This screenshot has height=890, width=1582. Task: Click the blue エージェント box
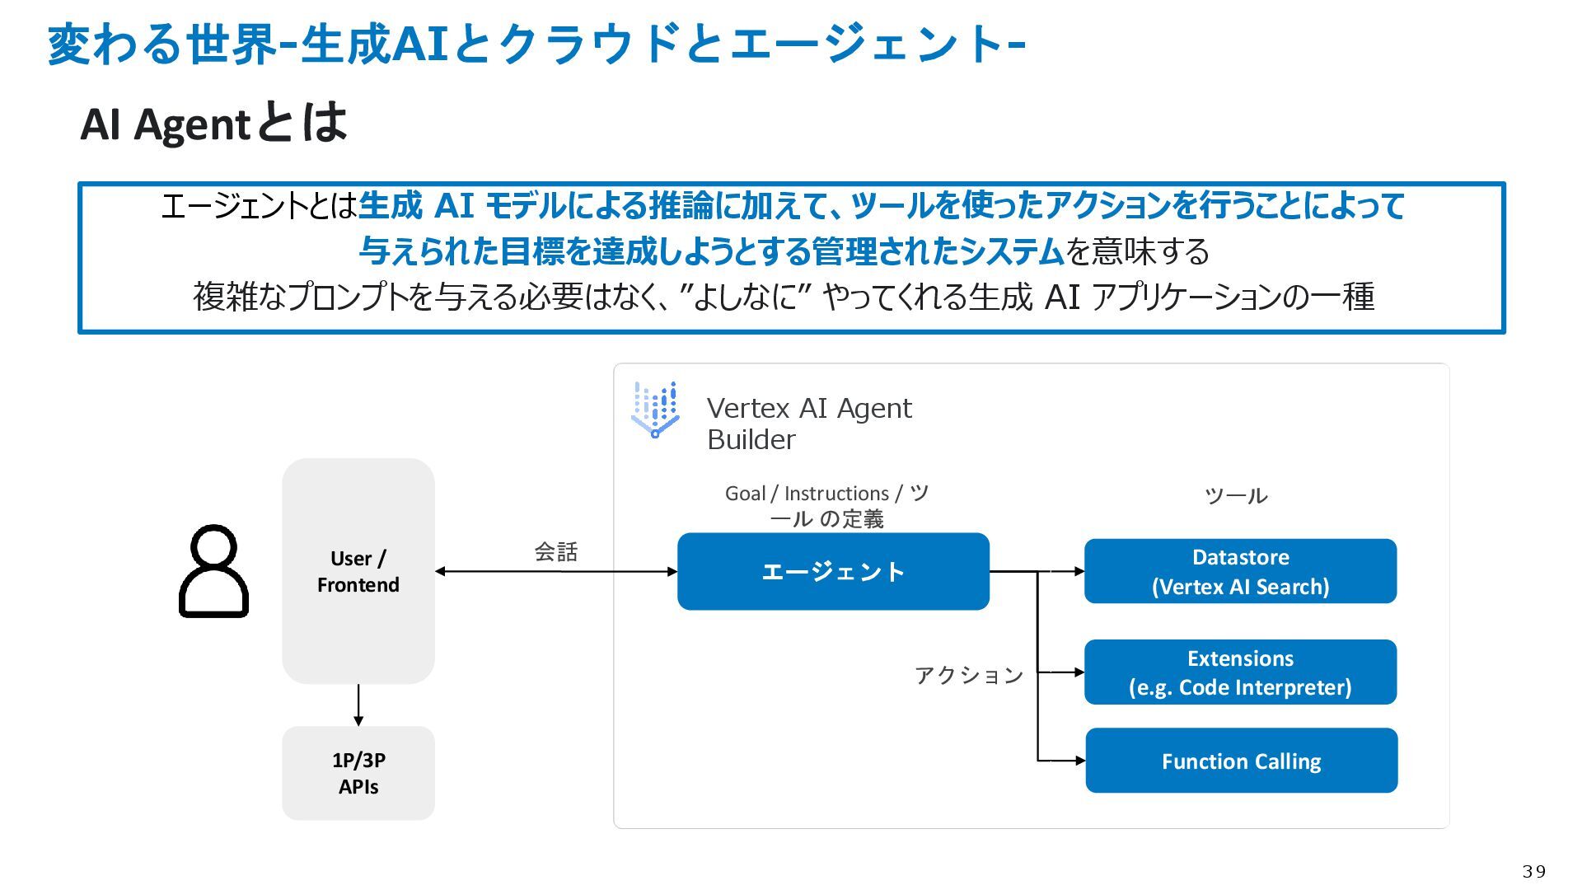point(833,571)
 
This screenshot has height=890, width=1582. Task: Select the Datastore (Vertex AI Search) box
point(1240,571)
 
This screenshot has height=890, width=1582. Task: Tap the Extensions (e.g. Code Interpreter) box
point(1240,672)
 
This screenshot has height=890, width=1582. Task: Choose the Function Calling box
point(1241,761)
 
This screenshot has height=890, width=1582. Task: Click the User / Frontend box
point(358,571)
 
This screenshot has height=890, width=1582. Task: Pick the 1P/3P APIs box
point(358,773)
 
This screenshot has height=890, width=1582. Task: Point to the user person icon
point(213,571)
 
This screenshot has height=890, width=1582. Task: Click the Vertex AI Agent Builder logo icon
point(655,410)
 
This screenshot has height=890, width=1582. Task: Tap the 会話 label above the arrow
point(556,551)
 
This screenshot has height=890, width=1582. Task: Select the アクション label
point(969,676)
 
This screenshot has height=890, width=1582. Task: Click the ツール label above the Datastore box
point(1236,495)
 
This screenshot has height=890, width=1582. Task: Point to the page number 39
point(1534,871)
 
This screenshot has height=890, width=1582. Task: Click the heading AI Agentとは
point(213,124)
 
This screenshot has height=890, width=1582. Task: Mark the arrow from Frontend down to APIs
point(358,705)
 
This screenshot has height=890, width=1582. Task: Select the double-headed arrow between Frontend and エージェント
point(556,571)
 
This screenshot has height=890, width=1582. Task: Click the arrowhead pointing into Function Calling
point(1080,761)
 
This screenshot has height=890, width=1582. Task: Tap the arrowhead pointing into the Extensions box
point(1079,672)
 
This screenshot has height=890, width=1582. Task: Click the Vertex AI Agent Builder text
point(809,424)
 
